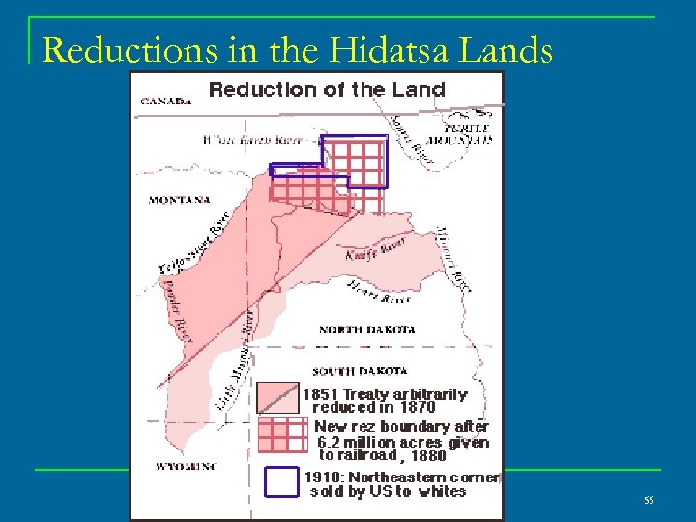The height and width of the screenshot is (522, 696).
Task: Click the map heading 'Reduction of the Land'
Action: (x=327, y=90)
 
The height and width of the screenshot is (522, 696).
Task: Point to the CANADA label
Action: (x=165, y=101)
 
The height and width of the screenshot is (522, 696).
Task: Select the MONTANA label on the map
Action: (x=180, y=201)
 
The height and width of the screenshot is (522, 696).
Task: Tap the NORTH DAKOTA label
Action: (x=367, y=330)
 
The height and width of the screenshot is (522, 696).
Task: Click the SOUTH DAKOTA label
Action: (x=360, y=370)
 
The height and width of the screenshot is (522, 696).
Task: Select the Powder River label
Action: (x=171, y=308)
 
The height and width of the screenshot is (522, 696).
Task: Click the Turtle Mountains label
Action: (x=469, y=133)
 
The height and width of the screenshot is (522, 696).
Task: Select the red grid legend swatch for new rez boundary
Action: (x=280, y=438)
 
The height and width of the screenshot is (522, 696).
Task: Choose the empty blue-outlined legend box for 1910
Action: (x=281, y=481)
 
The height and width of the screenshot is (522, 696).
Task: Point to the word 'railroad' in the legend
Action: (x=367, y=456)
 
